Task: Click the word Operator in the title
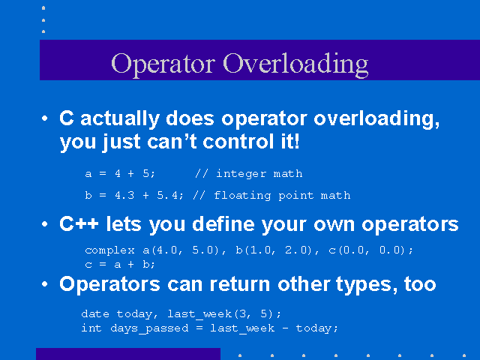(163, 64)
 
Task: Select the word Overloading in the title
(295, 64)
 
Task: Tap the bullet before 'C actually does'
(45, 118)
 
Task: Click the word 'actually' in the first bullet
(120, 119)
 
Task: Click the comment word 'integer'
(241, 174)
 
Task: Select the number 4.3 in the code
(124, 195)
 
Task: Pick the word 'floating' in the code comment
(242, 196)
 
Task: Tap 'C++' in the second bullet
(79, 224)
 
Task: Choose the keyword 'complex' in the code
(110, 250)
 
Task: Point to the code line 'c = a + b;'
(120, 264)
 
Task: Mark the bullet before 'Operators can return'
(45, 284)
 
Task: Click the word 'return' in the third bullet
(240, 284)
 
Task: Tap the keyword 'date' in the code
(95, 314)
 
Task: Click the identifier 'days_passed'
(149, 328)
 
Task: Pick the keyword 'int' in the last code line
(91, 328)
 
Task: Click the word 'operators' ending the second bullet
(410, 225)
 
